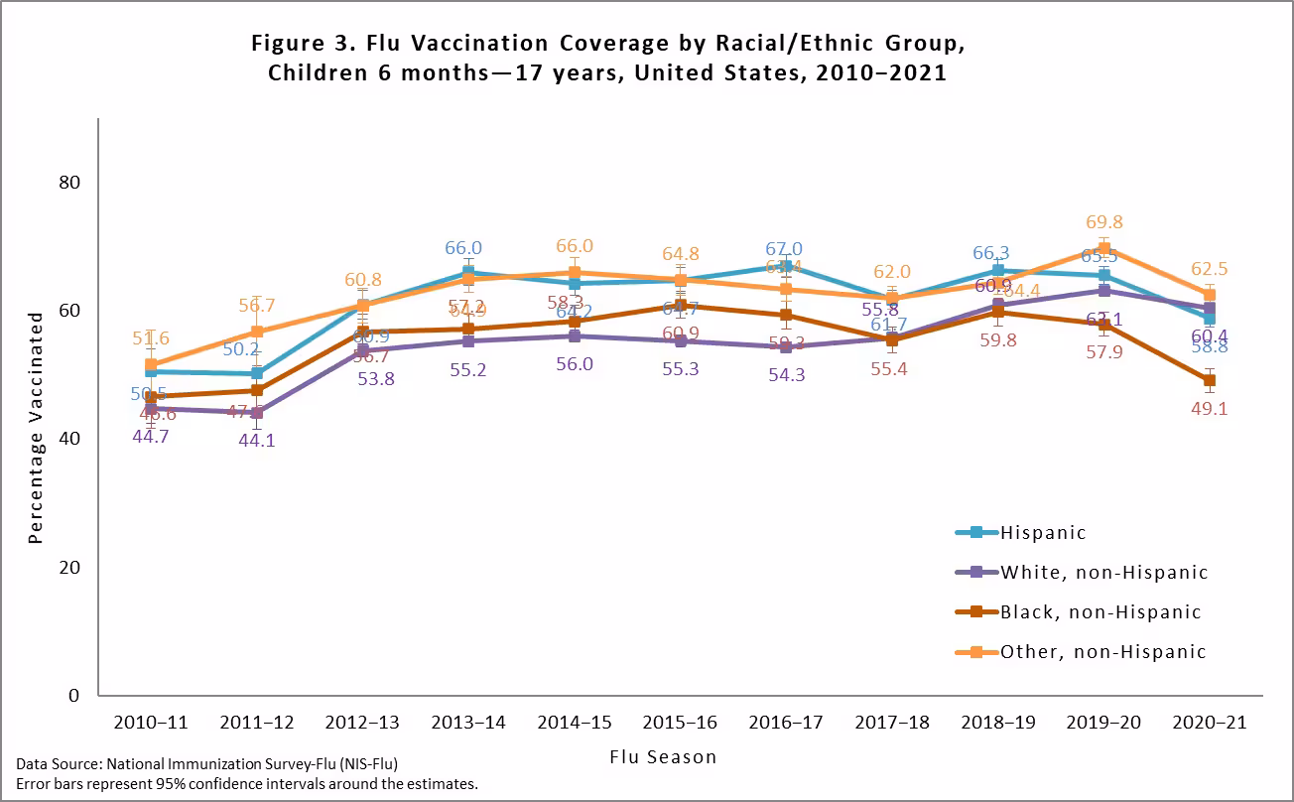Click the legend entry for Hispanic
1042,533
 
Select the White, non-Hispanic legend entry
1103,573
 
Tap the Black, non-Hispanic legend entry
1100,612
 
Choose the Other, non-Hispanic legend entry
1102,652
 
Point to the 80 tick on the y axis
68,183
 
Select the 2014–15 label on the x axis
574,723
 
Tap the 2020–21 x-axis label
1209,723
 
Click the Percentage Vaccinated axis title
36,428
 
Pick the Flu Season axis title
663,757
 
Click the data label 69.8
1104,222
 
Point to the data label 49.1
1209,408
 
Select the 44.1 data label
256,440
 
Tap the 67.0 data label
784,249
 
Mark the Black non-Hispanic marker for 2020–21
1209,380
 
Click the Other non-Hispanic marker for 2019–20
1103,249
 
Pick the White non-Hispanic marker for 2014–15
575,336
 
